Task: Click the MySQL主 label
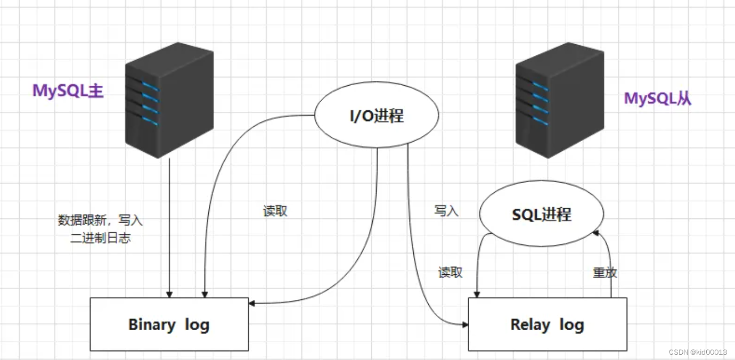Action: [68, 91]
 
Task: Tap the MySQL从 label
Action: [657, 99]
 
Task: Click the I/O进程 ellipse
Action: [377, 116]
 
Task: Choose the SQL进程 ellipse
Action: [542, 214]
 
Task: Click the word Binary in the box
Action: [152, 324]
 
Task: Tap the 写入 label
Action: [446, 211]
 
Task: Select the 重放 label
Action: [605, 273]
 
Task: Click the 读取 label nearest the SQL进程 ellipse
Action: [450, 273]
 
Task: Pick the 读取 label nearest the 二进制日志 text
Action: [275, 211]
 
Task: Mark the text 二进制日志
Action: [100, 238]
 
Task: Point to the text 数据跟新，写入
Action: [100, 220]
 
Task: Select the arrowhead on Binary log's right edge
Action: [252, 304]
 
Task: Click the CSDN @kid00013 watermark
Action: [698, 352]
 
